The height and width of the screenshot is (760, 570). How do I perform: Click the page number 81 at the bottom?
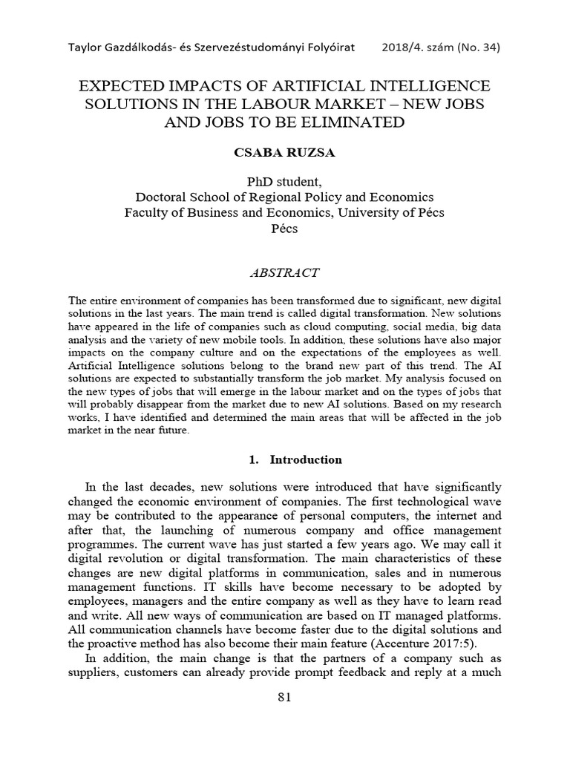tap(285, 697)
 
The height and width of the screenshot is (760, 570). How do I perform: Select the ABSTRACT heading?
tap(285, 272)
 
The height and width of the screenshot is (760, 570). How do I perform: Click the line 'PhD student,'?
tap(285, 183)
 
